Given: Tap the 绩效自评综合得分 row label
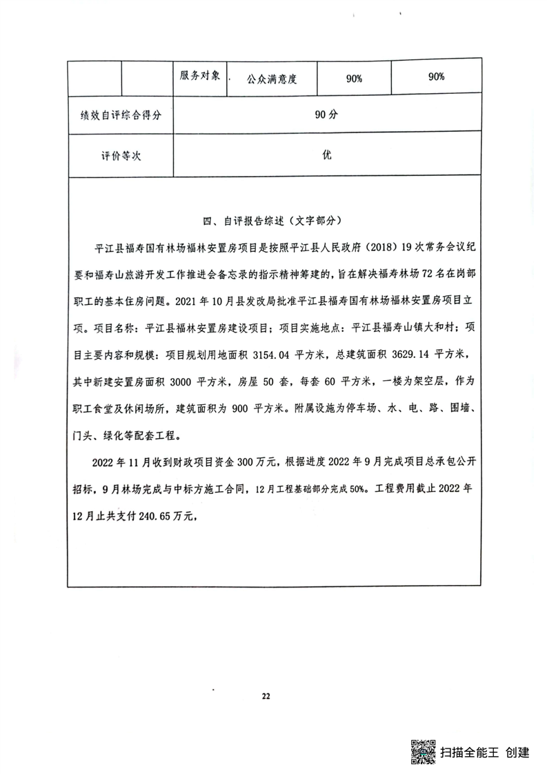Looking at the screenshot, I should click(x=120, y=115).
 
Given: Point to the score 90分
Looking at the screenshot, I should click(x=326, y=115).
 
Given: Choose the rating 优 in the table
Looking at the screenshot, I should click(x=326, y=155).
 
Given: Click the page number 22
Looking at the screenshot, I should click(x=266, y=695).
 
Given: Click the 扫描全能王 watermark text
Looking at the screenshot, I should click(x=470, y=752).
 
